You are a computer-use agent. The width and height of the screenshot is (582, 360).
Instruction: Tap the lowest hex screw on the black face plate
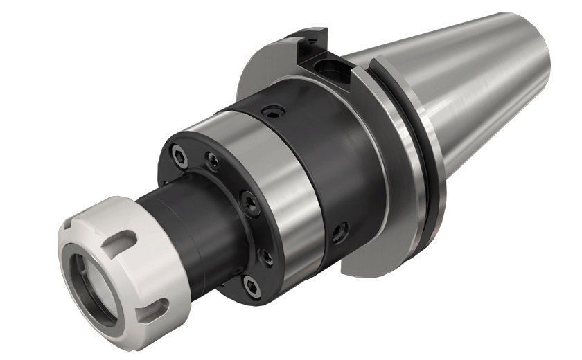click(250, 283)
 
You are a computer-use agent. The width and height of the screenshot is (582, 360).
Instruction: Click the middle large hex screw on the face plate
click(249, 201)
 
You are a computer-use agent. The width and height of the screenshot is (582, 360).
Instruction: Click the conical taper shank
click(471, 90)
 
